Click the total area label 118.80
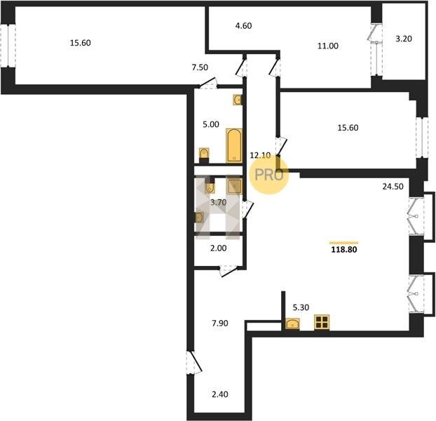[x=344, y=250]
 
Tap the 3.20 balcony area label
[x=404, y=39]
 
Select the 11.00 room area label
[x=328, y=46]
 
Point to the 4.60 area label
[x=243, y=25]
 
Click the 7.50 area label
[x=200, y=67]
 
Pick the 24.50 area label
[x=393, y=187]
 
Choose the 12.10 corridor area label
[x=260, y=155]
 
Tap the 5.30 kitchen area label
[x=301, y=307]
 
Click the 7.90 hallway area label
[x=220, y=323]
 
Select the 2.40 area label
[x=220, y=394]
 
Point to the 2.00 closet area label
[x=219, y=248]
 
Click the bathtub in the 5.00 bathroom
[x=234, y=145]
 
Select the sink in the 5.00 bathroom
[x=237, y=100]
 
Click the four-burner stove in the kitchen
[x=322, y=323]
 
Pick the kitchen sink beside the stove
[x=292, y=324]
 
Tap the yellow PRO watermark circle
[x=269, y=175]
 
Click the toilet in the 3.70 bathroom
[x=210, y=186]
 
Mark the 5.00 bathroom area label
[x=211, y=124]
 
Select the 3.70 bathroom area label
[x=218, y=203]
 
